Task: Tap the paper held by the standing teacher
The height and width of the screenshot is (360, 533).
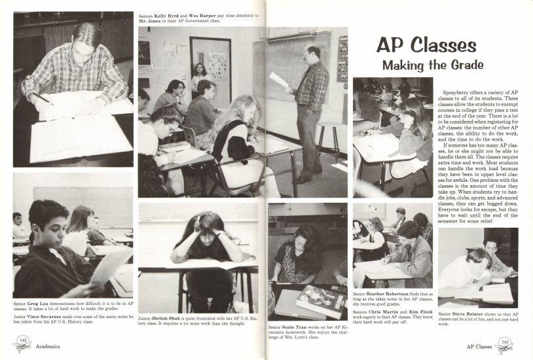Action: (x=279, y=80)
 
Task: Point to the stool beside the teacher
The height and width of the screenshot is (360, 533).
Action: (x=328, y=137)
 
